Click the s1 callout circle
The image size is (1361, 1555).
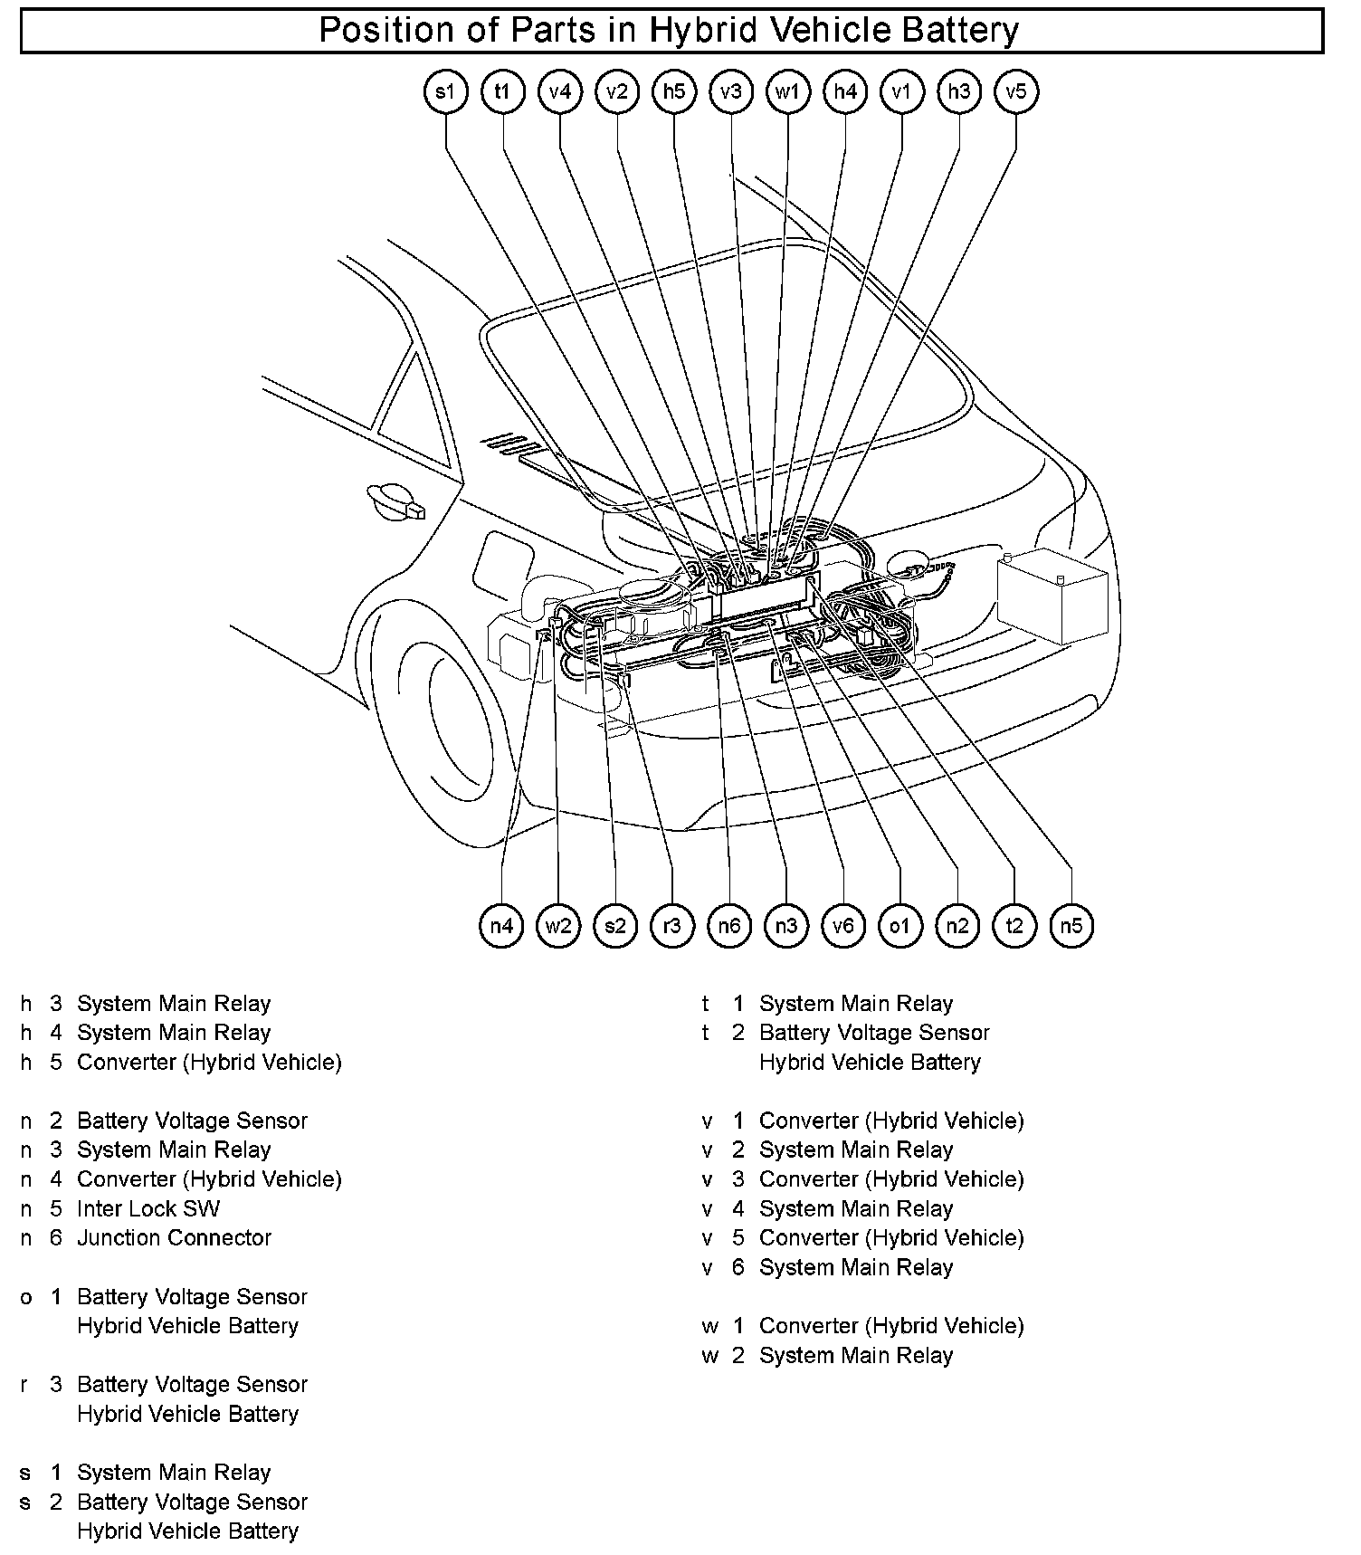445,91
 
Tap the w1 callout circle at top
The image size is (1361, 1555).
787,91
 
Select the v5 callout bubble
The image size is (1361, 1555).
1015,91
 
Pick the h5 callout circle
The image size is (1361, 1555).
674,91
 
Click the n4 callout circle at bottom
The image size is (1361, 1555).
501,925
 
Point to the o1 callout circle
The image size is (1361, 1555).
899,925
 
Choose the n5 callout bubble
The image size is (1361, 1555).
1071,925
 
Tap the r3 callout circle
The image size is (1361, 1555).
671,925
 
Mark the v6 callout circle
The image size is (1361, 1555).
842,925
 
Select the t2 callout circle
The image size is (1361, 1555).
1014,925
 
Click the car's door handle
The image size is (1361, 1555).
396,502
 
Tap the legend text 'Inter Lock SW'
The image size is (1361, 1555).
148,1208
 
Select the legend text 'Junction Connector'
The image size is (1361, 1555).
174,1237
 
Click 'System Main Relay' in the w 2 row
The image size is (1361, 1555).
856,1355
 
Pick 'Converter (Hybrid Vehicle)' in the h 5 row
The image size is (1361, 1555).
209,1062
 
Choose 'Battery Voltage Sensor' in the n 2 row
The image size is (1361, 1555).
192,1121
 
